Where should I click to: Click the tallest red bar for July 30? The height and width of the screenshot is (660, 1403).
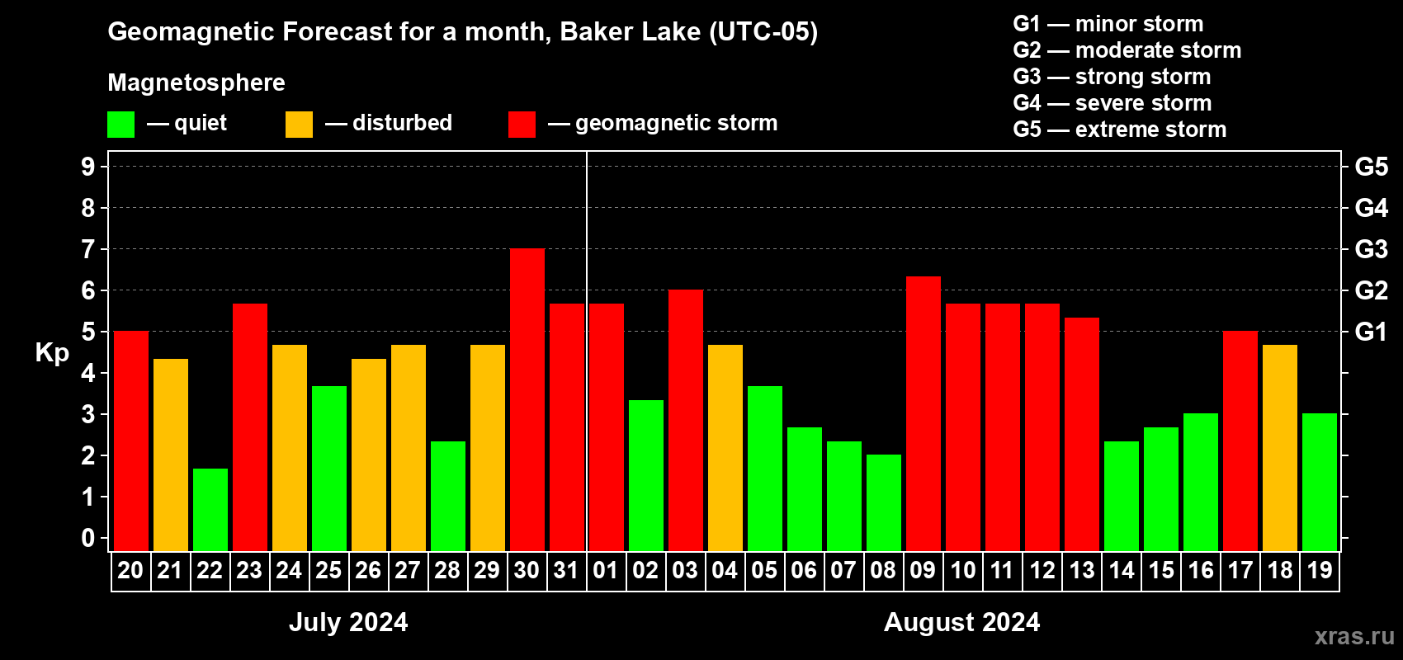pyautogui.click(x=527, y=399)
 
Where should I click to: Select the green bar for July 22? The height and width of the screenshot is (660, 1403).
pyautogui.click(x=210, y=510)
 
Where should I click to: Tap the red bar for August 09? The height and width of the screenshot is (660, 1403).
pyautogui.click(x=924, y=413)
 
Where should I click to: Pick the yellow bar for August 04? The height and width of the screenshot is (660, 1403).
pyautogui.click(x=725, y=448)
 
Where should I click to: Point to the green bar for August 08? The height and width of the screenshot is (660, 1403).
pyautogui.click(x=884, y=502)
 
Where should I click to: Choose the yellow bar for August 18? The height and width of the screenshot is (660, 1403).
pyautogui.click(x=1279, y=448)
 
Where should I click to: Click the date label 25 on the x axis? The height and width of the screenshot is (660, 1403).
pyautogui.click(x=328, y=570)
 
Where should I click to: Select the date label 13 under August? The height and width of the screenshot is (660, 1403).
pyautogui.click(x=1082, y=570)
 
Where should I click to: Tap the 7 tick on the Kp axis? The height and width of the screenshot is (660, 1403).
pyautogui.click(x=88, y=249)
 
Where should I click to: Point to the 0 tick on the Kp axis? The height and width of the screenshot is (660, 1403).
pyautogui.click(x=88, y=538)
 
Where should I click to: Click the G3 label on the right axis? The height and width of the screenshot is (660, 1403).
pyautogui.click(x=1371, y=249)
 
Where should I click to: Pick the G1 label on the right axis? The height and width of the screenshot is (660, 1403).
pyautogui.click(x=1371, y=332)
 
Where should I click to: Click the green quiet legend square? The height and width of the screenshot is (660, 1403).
pyautogui.click(x=120, y=124)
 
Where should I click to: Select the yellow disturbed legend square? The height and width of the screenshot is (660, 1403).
pyautogui.click(x=299, y=124)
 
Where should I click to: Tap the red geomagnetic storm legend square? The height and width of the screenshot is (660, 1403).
pyautogui.click(x=522, y=124)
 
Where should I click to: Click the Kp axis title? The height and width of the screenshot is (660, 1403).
pyautogui.click(x=52, y=353)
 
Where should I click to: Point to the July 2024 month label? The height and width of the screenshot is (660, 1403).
pyautogui.click(x=348, y=622)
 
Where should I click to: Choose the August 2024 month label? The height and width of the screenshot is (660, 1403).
pyautogui.click(x=961, y=622)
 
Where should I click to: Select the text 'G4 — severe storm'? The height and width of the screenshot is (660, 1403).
pyautogui.click(x=1112, y=102)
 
